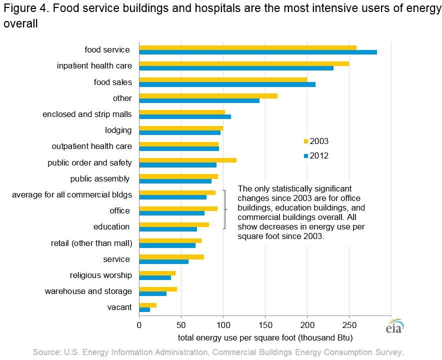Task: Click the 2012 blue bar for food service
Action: point(257,52)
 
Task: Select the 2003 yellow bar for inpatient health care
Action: point(243,63)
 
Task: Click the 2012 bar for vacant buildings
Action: point(144,310)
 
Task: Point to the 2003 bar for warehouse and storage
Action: point(158,289)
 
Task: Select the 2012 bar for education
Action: point(168,229)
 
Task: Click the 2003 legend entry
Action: point(316,141)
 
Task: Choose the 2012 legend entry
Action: point(316,156)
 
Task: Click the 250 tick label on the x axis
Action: point(349,325)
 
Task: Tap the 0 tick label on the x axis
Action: point(139,325)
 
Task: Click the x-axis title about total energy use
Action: point(265,337)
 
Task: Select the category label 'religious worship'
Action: point(101,275)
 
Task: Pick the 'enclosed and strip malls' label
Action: point(87,114)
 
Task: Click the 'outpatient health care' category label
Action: point(92,146)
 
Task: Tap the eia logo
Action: point(394,326)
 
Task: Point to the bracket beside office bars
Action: point(225,210)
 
